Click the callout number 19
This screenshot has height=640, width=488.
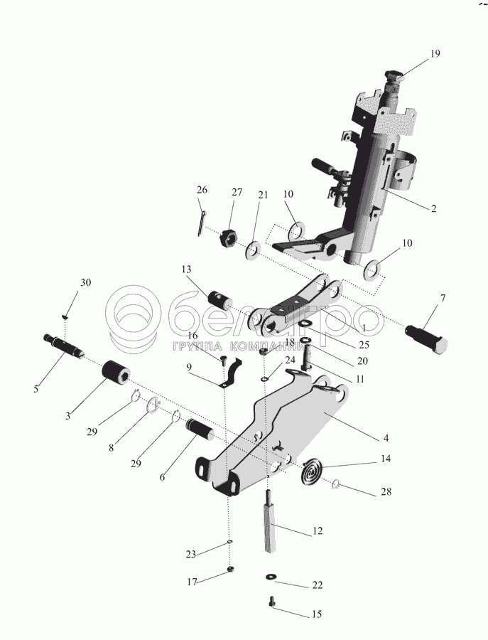[x=435, y=54]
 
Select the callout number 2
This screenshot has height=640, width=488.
[x=433, y=209]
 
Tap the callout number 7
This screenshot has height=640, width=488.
[x=443, y=298]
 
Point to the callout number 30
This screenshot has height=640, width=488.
[x=85, y=282]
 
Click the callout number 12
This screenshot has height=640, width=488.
[x=317, y=530]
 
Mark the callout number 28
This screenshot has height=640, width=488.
[x=386, y=491]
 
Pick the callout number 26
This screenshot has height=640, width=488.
[x=202, y=190]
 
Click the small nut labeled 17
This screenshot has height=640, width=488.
[x=230, y=569]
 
